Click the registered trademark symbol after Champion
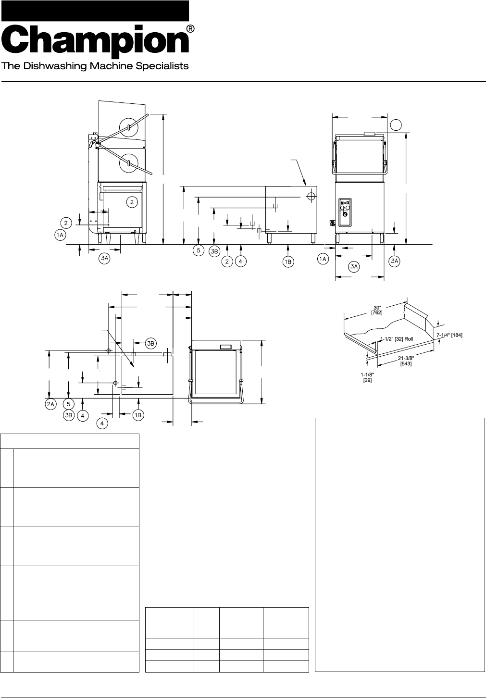(190, 29)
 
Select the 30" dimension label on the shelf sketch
(376, 309)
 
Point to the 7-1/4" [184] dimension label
(449, 335)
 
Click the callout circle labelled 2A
(50, 405)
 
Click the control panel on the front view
(345, 212)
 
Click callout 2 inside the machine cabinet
(132, 202)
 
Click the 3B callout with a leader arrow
(150, 343)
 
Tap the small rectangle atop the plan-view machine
(225, 347)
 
